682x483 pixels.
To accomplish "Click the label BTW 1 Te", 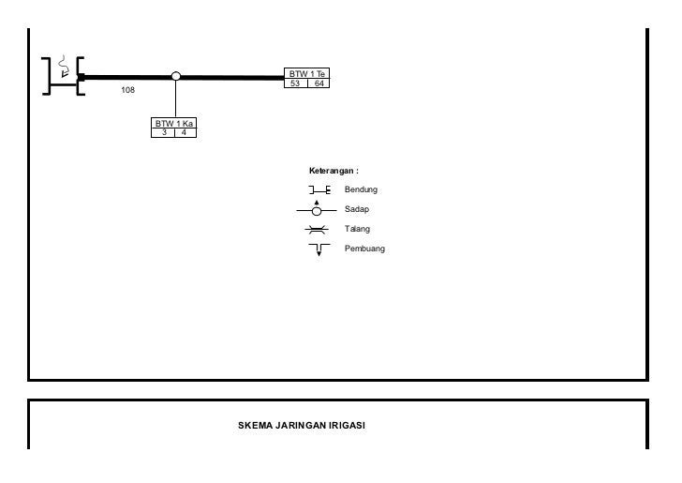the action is point(307,74).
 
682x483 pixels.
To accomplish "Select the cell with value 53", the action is point(296,84).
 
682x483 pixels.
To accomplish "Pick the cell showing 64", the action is point(319,84).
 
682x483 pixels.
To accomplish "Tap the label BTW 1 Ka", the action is point(175,124).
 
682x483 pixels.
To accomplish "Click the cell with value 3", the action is point(164,133).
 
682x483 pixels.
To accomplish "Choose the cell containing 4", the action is point(185,133).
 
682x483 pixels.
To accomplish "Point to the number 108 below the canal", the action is point(128,91).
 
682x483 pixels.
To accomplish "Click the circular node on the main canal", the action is point(176,77).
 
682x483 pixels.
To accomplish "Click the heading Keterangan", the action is point(334,171).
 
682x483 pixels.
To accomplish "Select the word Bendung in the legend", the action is point(361,190).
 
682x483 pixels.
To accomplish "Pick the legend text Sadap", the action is point(357,210).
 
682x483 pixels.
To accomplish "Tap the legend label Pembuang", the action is point(364,249).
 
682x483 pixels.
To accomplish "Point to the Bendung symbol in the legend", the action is point(319,190).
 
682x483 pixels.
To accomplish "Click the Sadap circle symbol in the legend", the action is point(318,210).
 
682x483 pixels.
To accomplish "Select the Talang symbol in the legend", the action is point(318,230).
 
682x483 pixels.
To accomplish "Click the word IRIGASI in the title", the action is point(346,426).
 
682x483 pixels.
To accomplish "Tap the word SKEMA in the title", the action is point(256,426).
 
